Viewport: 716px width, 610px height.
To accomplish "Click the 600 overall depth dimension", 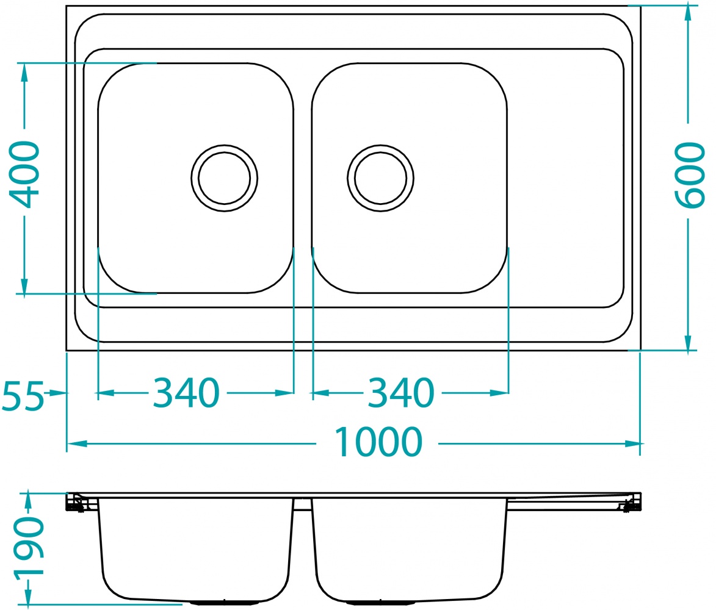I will pos(690,175).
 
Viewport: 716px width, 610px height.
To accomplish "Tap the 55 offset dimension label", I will pos(23,395).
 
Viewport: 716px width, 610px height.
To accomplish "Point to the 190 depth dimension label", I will pos(28,547).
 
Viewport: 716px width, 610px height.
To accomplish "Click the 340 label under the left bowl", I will pos(185,393).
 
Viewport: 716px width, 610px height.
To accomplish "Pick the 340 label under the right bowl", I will pos(400,393).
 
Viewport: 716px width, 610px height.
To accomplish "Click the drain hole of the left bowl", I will pos(224,178).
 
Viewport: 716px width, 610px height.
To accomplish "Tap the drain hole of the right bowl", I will pos(380,178).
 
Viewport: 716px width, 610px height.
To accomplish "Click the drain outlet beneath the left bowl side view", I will pos(224,603).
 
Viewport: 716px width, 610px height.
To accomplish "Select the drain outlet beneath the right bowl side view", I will pos(380,603).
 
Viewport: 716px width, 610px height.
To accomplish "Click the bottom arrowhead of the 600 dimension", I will pos(688,343).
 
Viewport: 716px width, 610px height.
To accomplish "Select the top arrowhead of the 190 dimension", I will pos(27,500).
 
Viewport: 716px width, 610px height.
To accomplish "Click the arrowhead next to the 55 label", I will pos(59,393).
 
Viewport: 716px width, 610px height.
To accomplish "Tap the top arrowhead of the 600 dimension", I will pos(688,13).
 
